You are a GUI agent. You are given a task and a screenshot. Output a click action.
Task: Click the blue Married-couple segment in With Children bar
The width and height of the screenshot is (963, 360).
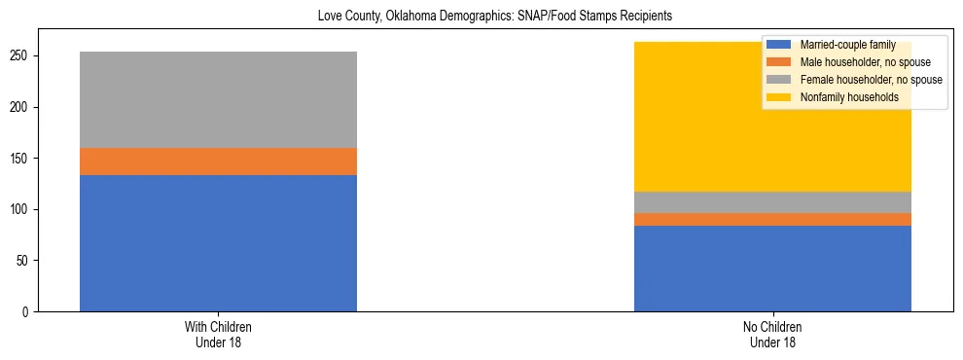(x=218, y=243)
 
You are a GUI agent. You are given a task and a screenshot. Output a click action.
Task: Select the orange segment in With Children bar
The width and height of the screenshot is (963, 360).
(x=218, y=162)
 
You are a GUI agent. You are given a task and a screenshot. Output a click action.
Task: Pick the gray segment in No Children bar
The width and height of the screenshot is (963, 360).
(x=772, y=202)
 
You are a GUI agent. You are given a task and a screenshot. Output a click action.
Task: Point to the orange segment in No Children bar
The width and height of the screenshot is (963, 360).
(x=772, y=219)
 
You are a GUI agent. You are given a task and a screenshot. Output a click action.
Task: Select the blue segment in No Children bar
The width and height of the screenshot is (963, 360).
(x=772, y=269)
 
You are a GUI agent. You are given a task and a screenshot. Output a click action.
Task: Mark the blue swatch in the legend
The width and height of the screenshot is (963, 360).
(x=779, y=45)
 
